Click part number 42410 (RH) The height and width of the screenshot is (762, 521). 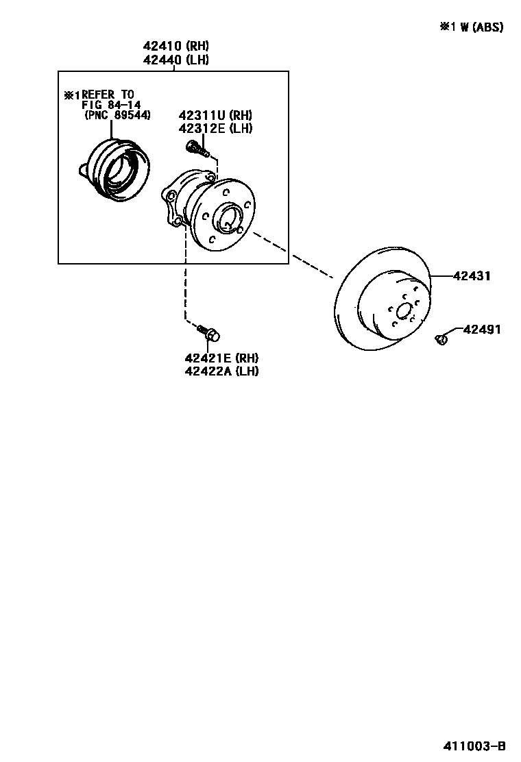(x=175, y=47)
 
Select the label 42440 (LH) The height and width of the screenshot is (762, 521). (x=175, y=60)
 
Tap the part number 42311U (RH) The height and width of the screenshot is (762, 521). (x=215, y=115)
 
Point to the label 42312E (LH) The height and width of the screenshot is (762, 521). (x=215, y=128)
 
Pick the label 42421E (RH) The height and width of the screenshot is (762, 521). (x=221, y=358)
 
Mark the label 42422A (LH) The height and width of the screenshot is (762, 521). (x=221, y=371)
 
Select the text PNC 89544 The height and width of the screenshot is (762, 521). (x=117, y=115)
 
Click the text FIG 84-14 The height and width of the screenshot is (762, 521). (x=111, y=105)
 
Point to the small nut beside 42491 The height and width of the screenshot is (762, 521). (x=442, y=337)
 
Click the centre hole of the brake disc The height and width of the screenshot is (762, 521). (x=404, y=310)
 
